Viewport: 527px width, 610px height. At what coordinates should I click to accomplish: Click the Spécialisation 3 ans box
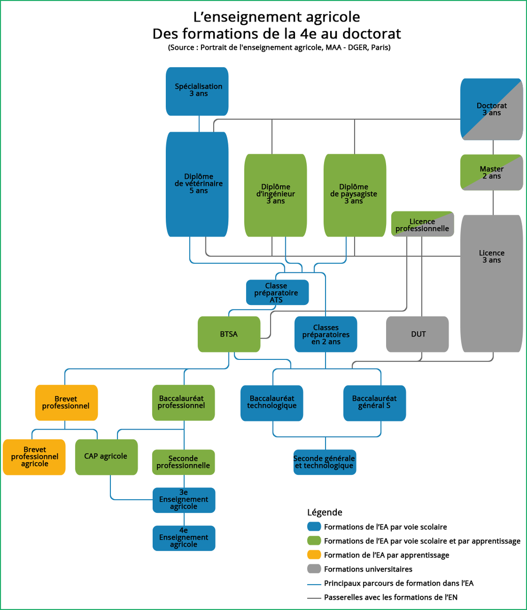[197, 91]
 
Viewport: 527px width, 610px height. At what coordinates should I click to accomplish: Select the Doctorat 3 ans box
[491, 109]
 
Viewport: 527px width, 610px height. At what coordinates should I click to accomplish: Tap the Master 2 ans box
[491, 172]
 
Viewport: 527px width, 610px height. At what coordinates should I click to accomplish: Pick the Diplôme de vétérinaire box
[197, 184]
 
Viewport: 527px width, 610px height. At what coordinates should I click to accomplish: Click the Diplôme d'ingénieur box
[275, 195]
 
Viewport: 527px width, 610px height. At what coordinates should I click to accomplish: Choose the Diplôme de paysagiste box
[355, 195]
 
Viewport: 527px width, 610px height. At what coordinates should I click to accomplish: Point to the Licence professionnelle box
[422, 224]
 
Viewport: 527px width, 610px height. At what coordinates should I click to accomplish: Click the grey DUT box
[417, 334]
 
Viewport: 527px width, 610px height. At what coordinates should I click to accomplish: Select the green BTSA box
[229, 334]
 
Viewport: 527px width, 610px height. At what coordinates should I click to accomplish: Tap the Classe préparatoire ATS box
[277, 292]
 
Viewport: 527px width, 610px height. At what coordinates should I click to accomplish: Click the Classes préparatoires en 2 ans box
[326, 334]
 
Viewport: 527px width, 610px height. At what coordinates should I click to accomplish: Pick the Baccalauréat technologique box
[273, 403]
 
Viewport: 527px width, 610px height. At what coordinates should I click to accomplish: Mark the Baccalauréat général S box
[374, 403]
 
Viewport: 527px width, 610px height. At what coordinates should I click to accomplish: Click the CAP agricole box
[106, 456]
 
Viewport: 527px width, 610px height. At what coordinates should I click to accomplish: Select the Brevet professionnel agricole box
[34, 456]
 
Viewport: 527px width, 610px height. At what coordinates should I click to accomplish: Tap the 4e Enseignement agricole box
[184, 538]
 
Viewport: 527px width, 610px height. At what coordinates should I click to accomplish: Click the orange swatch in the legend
[314, 555]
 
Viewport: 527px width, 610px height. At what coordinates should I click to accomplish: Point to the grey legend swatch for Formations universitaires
[314, 569]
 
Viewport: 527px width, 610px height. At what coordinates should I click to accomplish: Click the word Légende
[325, 512]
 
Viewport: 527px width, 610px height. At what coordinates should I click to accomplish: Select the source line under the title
[279, 48]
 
